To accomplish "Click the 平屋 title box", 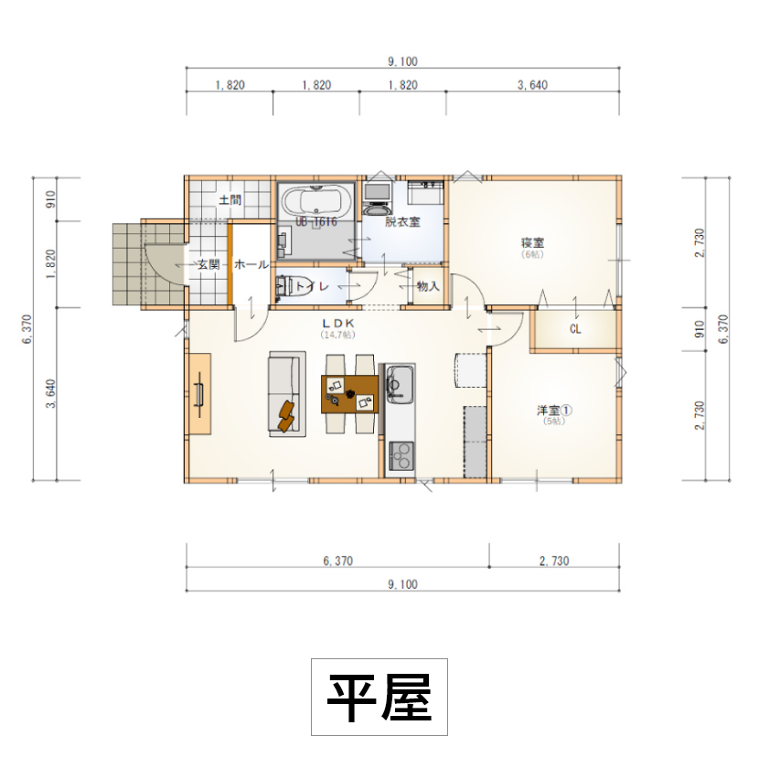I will pos(379,697).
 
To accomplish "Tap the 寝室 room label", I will pos(533,242).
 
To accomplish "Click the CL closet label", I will pos(575,328).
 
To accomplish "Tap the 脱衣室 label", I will pos(402,221).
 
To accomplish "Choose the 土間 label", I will pos(230,199).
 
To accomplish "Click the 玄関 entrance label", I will pos(208,264).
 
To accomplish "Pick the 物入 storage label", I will pos(428,286).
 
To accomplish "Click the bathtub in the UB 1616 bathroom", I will pos(315,200).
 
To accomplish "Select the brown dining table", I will pos(350,394).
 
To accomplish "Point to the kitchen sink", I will pos(401,382).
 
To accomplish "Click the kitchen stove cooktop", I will pos(401,453).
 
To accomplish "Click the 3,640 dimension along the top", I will pos(532,85).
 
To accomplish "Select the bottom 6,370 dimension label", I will pos(337,560).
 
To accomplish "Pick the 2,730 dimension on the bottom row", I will pos(555,560).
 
